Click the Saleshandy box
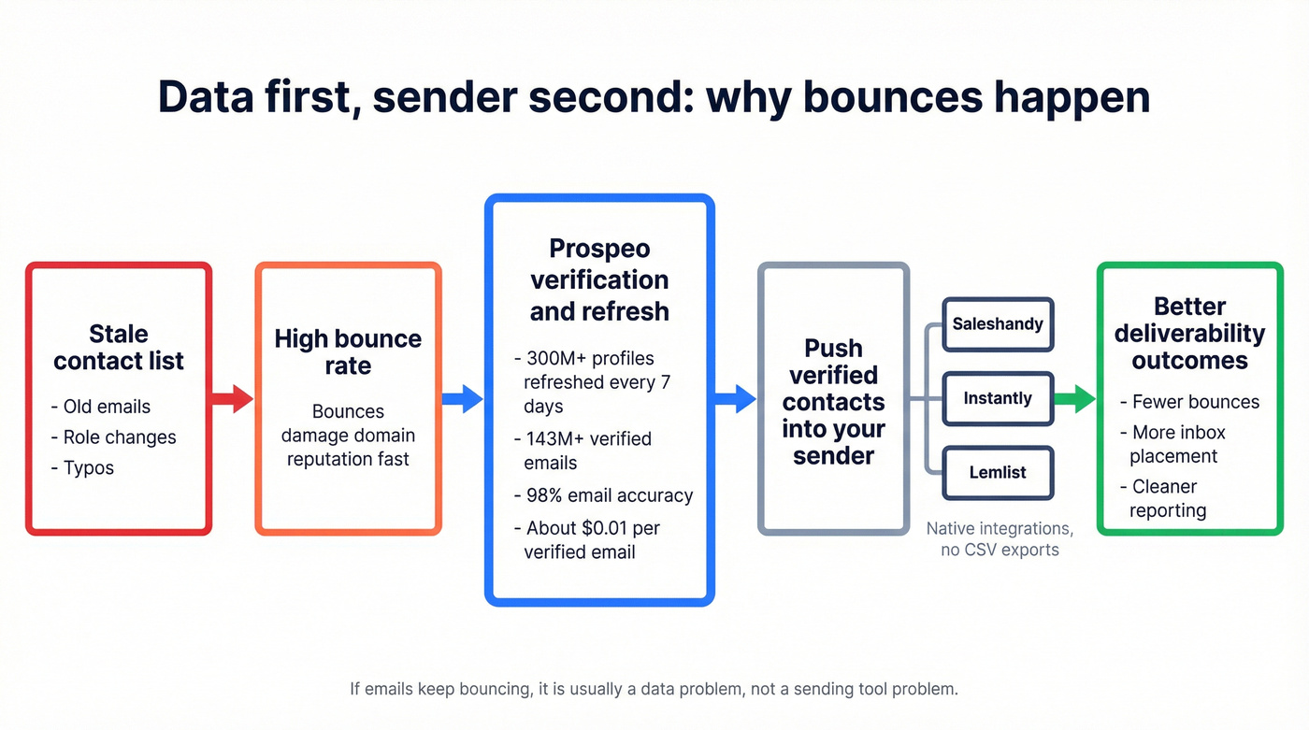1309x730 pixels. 998,324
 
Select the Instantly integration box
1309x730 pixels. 998,398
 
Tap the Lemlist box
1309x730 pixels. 998,472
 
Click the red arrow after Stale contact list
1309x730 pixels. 232,399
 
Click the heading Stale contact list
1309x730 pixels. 119,348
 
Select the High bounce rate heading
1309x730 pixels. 348,351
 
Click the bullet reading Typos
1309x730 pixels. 88,467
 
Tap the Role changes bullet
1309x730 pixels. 119,437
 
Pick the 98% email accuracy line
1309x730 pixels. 609,495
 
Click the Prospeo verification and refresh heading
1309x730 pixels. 599,279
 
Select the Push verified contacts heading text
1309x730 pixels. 833,402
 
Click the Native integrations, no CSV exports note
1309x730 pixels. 1000,539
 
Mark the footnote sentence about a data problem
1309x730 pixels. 654,690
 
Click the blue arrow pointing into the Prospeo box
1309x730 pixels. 462,399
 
